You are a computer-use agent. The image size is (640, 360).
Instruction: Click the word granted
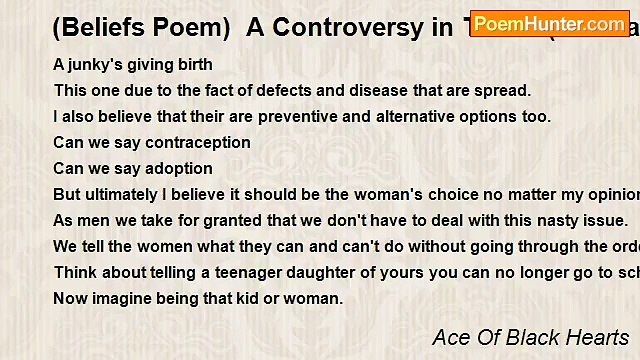[x=212, y=221]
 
